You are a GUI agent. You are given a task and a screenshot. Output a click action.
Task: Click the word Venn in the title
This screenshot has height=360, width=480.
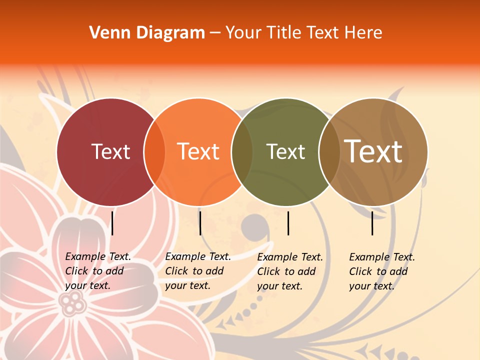click(x=106, y=33)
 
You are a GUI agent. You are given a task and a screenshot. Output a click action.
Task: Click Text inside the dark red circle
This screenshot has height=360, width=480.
click(x=110, y=151)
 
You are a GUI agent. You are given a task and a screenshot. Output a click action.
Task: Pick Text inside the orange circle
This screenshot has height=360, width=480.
click(x=198, y=151)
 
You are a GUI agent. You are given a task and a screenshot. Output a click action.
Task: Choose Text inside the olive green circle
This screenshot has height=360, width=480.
click(x=285, y=151)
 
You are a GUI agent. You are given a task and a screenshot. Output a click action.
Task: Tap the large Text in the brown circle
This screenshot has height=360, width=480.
click(x=373, y=151)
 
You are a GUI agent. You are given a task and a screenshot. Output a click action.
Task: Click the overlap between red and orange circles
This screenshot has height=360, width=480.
click(x=154, y=152)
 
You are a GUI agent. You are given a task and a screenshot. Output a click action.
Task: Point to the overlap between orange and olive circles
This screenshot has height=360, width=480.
click(x=242, y=152)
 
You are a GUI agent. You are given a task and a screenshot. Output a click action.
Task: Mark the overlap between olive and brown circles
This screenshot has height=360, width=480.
click(x=329, y=152)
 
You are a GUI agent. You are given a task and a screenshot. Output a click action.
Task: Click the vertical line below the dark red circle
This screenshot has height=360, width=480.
click(x=112, y=223)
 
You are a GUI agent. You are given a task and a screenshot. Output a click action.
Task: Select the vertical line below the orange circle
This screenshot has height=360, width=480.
click(x=200, y=223)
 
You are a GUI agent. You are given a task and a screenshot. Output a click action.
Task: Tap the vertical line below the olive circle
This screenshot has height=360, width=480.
click(x=288, y=223)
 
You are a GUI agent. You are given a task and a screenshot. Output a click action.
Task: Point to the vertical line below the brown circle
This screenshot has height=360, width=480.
click(x=372, y=223)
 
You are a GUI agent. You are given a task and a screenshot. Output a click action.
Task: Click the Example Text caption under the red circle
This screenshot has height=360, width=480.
click(x=98, y=271)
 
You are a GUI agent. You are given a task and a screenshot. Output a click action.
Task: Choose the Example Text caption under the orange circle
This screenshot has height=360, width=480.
click(x=198, y=271)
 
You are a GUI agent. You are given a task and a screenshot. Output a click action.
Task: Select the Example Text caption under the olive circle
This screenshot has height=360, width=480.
click(x=290, y=271)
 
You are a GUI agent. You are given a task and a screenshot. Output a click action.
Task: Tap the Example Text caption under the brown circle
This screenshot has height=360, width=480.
click(x=382, y=271)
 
